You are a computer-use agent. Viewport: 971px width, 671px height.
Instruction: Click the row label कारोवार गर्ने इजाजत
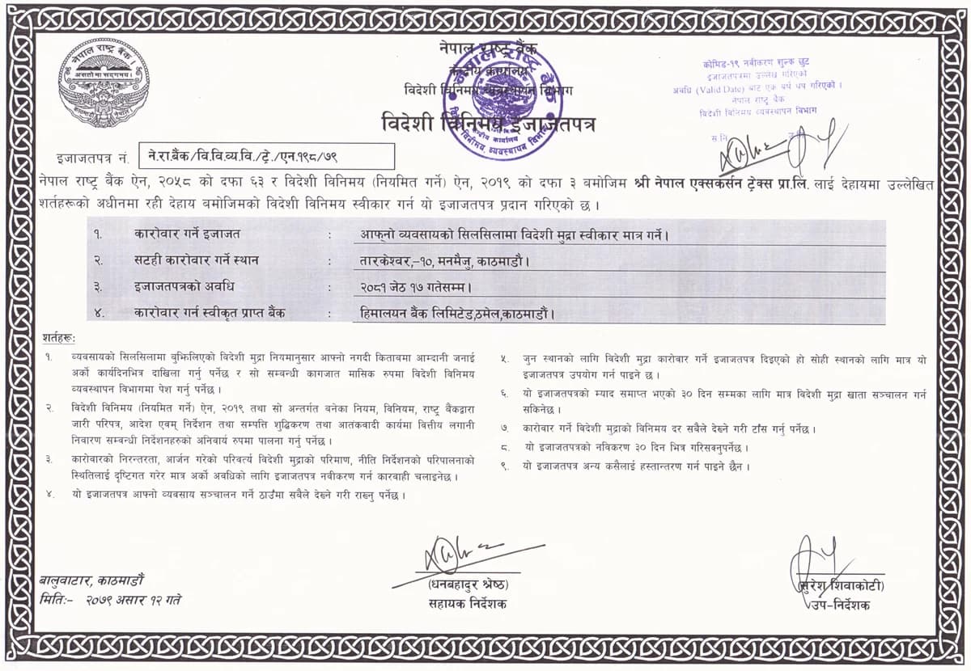pyautogui.click(x=188, y=234)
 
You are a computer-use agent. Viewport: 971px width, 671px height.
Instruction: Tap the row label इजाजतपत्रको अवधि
pyautogui.click(x=185, y=286)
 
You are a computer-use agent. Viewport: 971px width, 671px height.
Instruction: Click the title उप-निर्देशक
pyautogui.click(x=841, y=605)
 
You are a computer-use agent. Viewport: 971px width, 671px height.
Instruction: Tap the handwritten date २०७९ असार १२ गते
pyautogui.click(x=134, y=600)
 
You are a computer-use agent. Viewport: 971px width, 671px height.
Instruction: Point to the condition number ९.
pyautogui.click(x=505, y=466)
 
